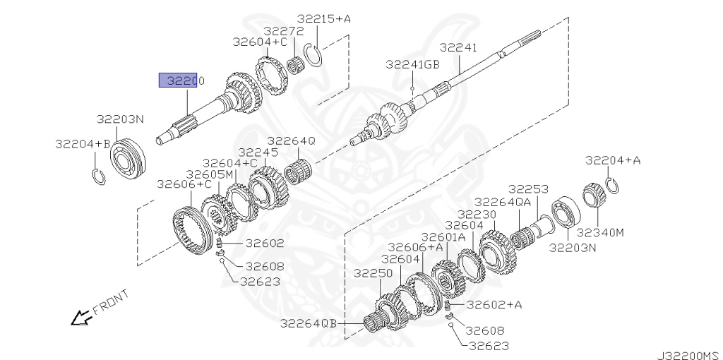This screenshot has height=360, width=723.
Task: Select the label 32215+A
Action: tap(323, 19)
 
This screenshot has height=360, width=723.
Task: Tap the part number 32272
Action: tap(284, 31)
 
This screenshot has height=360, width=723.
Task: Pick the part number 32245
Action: tap(258, 152)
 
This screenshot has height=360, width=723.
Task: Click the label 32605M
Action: tap(210, 174)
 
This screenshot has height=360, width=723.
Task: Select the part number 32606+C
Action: tap(184, 184)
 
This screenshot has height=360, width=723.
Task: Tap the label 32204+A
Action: tap(614, 160)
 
